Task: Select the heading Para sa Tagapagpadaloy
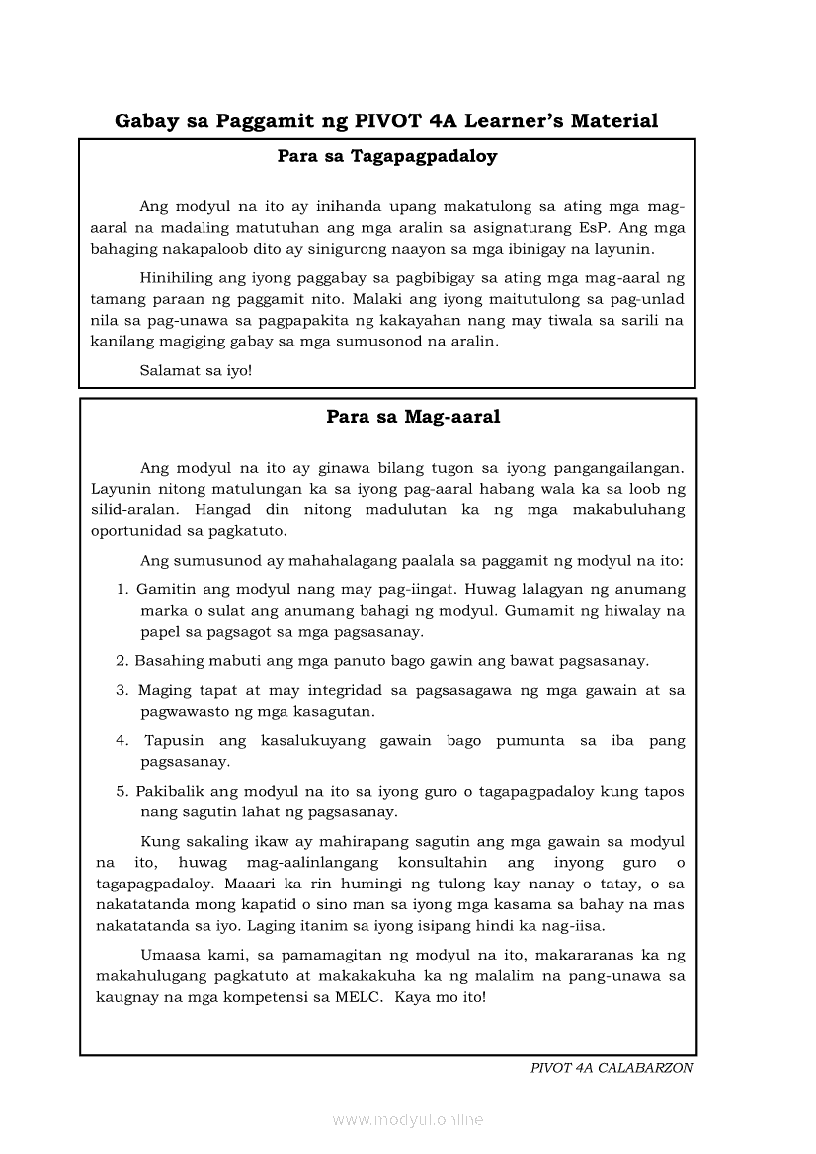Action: point(386,156)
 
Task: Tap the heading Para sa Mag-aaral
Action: point(413,417)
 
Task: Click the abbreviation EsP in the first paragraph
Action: point(588,227)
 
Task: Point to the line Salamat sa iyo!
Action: point(197,371)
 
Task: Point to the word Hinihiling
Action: point(179,278)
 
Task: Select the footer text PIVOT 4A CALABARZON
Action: point(612,1068)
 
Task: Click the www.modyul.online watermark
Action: point(408,1119)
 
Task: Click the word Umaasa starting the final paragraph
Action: point(172,956)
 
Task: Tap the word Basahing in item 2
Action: point(167,660)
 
